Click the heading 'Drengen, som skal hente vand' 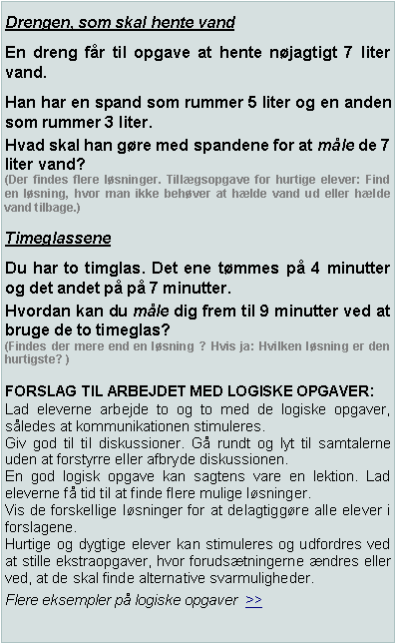121,23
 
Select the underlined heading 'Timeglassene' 58,240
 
